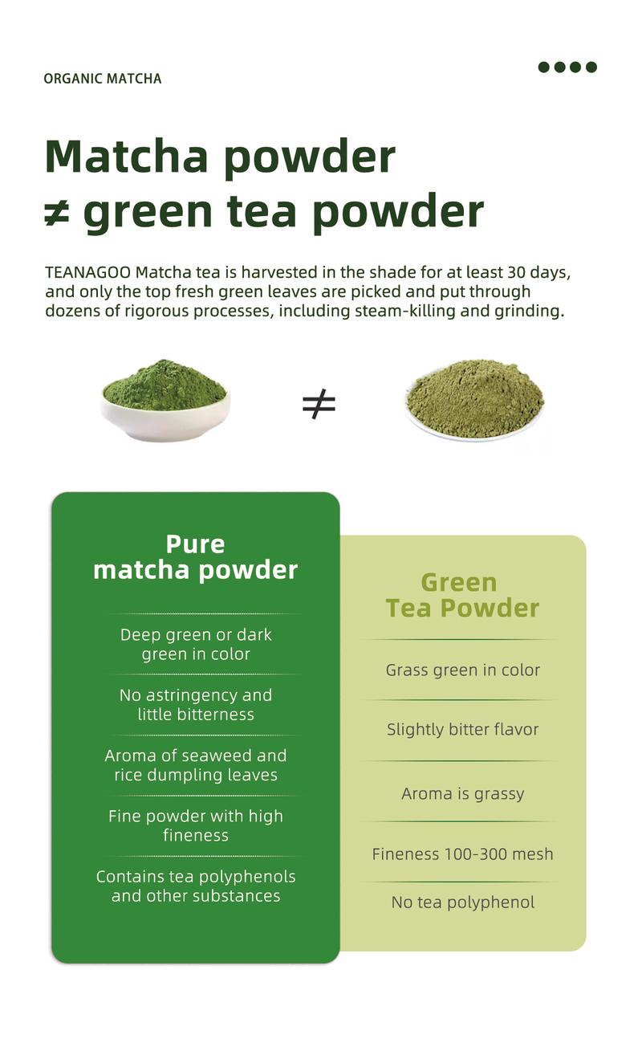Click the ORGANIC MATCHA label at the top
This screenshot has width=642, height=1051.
click(x=102, y=79)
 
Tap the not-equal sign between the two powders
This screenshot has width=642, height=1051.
click(x=319, y=405)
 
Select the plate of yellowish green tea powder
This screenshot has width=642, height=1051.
click(x=475, y=399)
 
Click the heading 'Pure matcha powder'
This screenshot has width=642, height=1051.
click(x=195, y=556)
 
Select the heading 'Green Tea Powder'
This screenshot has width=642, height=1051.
click(x=462, y=595)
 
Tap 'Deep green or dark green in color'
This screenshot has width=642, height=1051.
click(x=196, y=644)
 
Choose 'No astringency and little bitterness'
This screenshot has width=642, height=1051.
click(x=196, y=704)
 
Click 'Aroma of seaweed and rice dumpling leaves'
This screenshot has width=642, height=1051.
click(x=196, y=764)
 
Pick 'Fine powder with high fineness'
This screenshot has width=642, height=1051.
click(x=196, y=825)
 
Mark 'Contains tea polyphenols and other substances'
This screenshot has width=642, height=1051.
click(x=196, y=886)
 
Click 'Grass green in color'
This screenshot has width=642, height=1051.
click(x=462, y=670)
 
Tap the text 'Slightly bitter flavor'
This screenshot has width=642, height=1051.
click(x=462, y=729)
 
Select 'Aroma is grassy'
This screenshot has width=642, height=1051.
click(x=462, y=793)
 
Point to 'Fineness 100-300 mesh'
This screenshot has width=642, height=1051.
click(x=462, y=853)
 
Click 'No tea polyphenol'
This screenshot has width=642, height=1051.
click(x=462, y=902)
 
